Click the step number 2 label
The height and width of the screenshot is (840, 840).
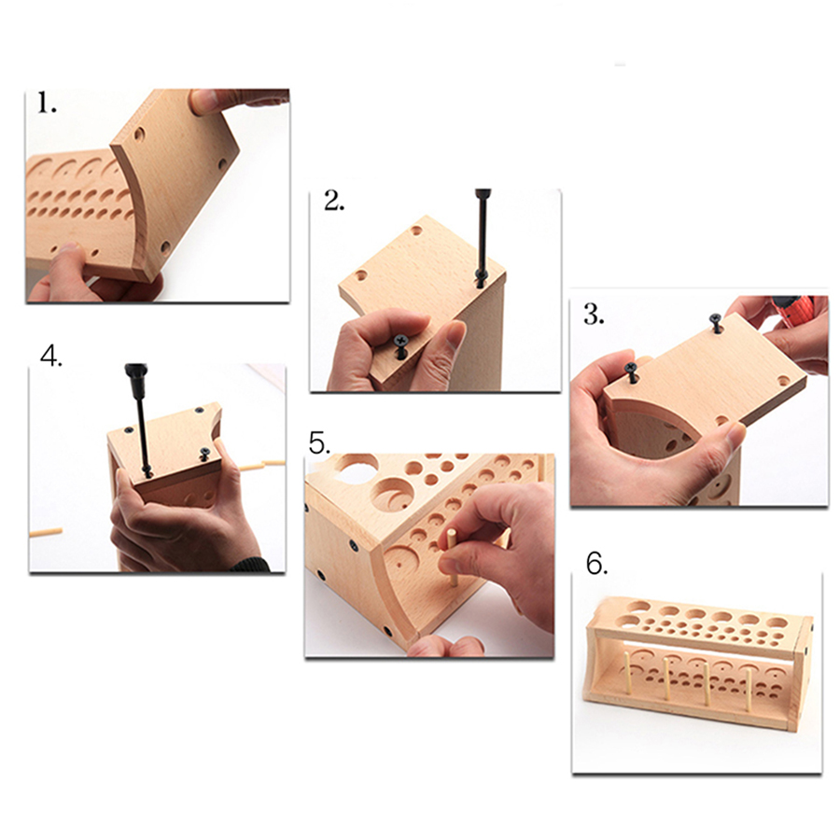334,201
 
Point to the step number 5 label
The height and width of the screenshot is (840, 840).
320,443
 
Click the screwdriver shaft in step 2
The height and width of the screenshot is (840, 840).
482,236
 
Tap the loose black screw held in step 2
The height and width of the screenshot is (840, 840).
401,346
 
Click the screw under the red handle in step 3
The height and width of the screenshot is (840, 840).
716,323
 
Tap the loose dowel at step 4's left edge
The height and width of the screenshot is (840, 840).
46,533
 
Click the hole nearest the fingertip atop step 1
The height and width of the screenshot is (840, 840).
139,133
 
